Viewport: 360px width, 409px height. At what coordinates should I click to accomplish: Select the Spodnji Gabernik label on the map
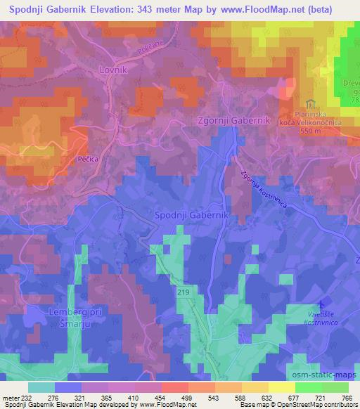187,214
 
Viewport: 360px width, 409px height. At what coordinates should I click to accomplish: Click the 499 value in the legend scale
185,398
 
